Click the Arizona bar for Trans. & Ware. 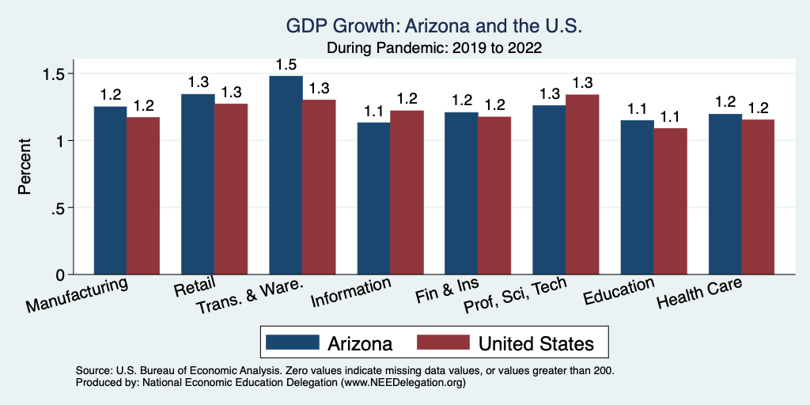coord(286,175)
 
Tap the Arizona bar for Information coord(373,198)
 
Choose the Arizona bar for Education coord(637,197)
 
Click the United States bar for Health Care coord(758,197)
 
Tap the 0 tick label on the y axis coord(62,274)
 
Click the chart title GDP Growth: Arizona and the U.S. coord(434,27)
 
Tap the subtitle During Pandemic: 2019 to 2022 coord(434,47)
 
